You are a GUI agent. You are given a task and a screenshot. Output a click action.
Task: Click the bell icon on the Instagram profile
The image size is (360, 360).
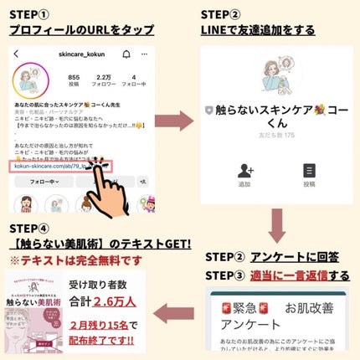coord(124,54)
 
